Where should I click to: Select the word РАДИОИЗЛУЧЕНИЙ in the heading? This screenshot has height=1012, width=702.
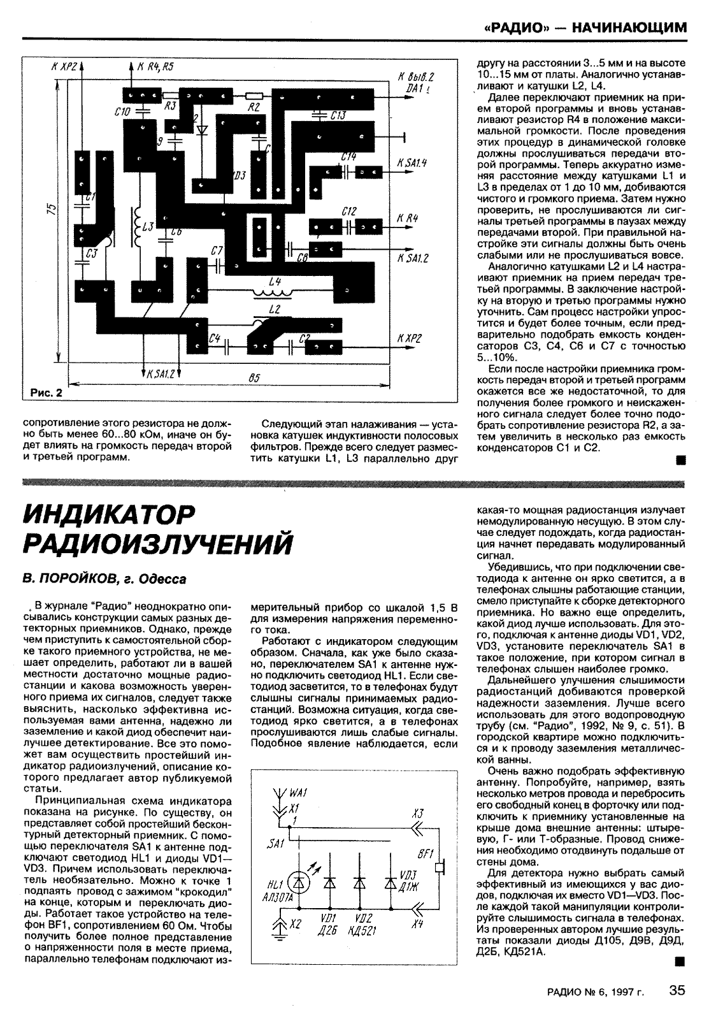[158, 544]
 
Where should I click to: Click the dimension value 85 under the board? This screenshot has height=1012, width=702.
[254, 379]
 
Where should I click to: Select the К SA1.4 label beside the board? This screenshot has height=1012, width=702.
[411, 164]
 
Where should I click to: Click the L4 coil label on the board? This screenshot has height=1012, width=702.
[275, 281]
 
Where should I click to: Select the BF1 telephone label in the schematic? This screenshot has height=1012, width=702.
[424, 853]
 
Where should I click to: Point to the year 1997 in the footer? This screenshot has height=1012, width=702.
[622, 992]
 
